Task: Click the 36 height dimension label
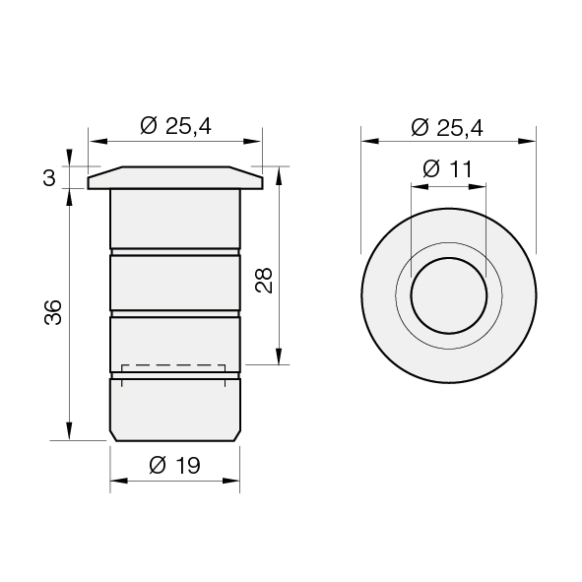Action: click(x=53, y=312)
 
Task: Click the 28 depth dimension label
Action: click(x=264, y=281)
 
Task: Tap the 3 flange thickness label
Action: click(x=49, y=178)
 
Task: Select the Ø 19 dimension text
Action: click(x=174, y=465)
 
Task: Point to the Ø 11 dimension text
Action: click(x=448, y=168)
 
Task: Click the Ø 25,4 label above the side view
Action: click(x=175, y=126)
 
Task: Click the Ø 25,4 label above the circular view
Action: click(x=447, y=128)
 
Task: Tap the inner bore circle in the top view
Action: click(x=449, y=258)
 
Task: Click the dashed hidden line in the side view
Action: click(x=173, y=365)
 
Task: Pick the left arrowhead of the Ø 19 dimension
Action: click(x=119, y=481)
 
